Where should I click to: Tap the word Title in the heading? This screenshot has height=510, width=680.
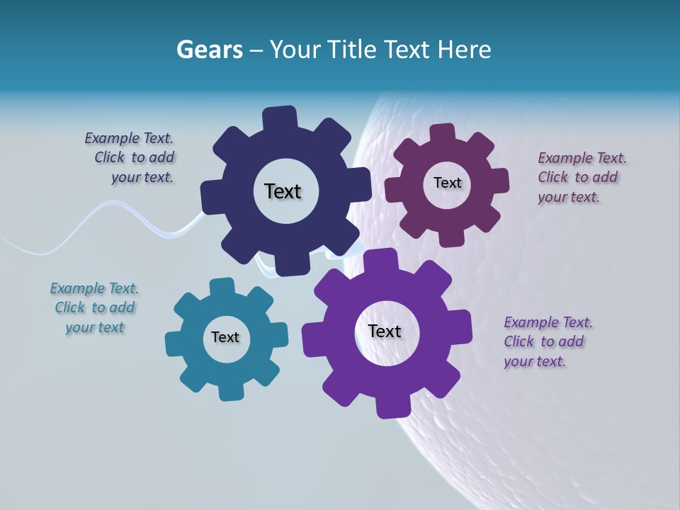353,50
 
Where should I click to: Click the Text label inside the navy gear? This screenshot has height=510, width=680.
283,191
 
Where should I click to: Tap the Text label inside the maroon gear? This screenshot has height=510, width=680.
447,183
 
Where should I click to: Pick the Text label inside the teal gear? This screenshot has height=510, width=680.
225,337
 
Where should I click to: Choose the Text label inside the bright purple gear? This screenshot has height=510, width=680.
385,331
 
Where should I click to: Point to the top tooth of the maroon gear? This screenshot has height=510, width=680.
443,133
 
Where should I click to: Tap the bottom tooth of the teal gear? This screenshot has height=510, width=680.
228,390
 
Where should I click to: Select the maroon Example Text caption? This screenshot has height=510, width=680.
581,177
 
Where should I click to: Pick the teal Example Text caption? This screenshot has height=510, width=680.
94,307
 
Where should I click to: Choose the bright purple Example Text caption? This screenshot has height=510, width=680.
547,341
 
